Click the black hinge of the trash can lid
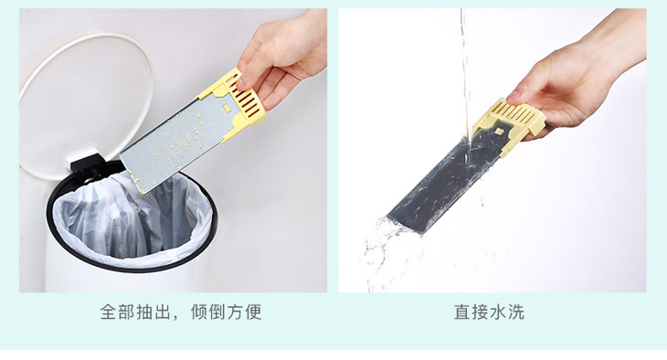[x=87, y=165]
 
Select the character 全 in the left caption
[x=109, y=312]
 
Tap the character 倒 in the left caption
[x=217, y=312]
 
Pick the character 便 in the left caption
[x=253, y=312]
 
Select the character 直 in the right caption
[x=462, y=312]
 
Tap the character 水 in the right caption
[x=498, y=312]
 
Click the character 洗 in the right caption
[x=516, y=312]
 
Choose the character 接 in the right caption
[x=480, y=312]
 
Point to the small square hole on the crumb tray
[x=227, y=110]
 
